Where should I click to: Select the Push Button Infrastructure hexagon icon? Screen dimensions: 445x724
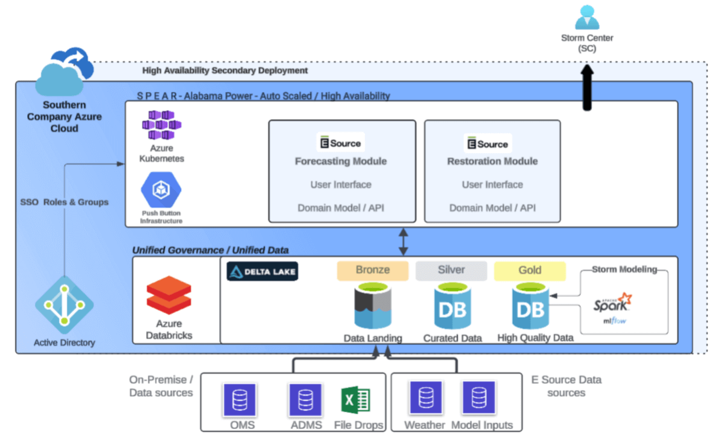click(x=161, y=189)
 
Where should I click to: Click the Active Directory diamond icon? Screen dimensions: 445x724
click(x=65, y=305)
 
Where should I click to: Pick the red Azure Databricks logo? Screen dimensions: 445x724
click(x=169, y=295)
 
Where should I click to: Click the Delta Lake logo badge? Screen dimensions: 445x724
click(x=262, y=271)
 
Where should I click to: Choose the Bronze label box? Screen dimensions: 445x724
click(x=372, y=271)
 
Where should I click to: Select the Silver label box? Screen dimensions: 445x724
click(x=451, y=271)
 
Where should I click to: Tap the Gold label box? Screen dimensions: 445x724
click(x=530, y=271)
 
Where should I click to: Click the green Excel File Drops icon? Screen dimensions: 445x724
click(x=355, y=400)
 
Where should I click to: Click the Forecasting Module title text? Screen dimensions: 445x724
click(x=341, y=162)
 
